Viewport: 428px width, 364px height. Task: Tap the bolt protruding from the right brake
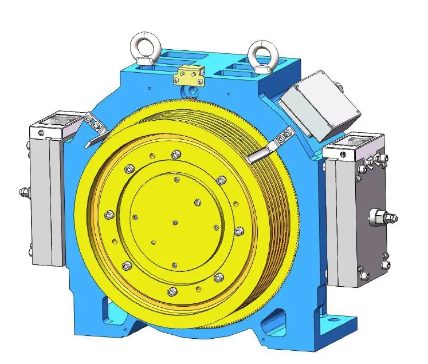click(x=383, y=217)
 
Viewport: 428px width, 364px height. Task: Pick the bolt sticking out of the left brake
click(x=24, y=192)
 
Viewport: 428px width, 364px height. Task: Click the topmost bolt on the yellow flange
click(x=175, y=154)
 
